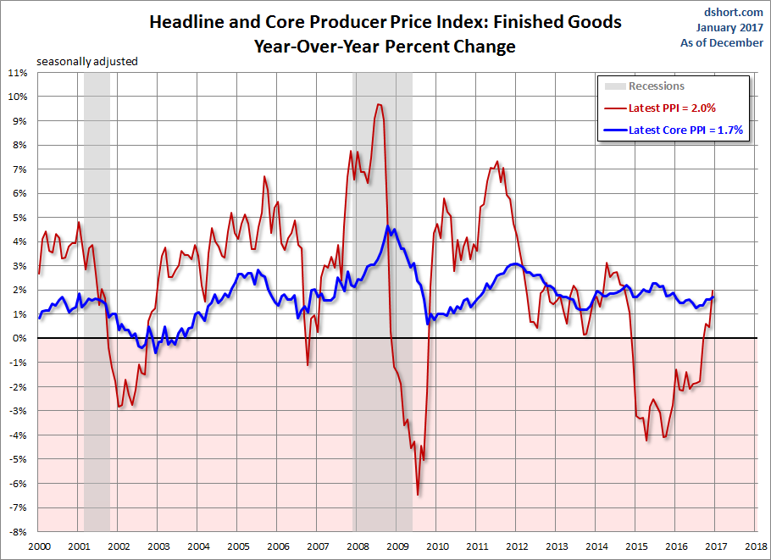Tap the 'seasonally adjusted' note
(x=86, y=61)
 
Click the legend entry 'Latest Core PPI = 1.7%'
(x=685, y=130)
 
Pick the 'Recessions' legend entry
(x=656, y=86)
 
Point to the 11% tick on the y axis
(x=18, y=72)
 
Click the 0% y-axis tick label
(x=20, y=339)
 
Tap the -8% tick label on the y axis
(x=19, y=532)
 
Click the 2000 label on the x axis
(x=38, y=547)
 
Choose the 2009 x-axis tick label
(x=396, y=547)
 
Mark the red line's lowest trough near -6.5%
(x=418, y=495)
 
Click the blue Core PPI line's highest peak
(x=387, y=226)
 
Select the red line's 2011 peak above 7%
(x=496, y=162)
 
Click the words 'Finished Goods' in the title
(x=553, y=22)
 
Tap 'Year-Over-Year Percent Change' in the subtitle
(x=385, y=47)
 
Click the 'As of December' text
(x=722, y=42)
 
